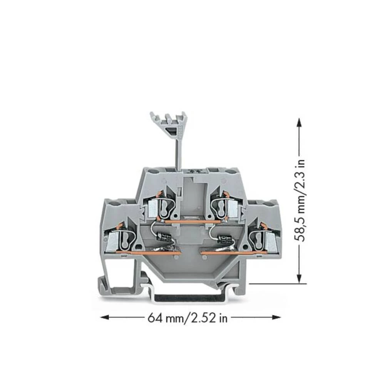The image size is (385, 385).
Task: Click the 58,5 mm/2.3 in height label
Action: click(300, 200)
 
